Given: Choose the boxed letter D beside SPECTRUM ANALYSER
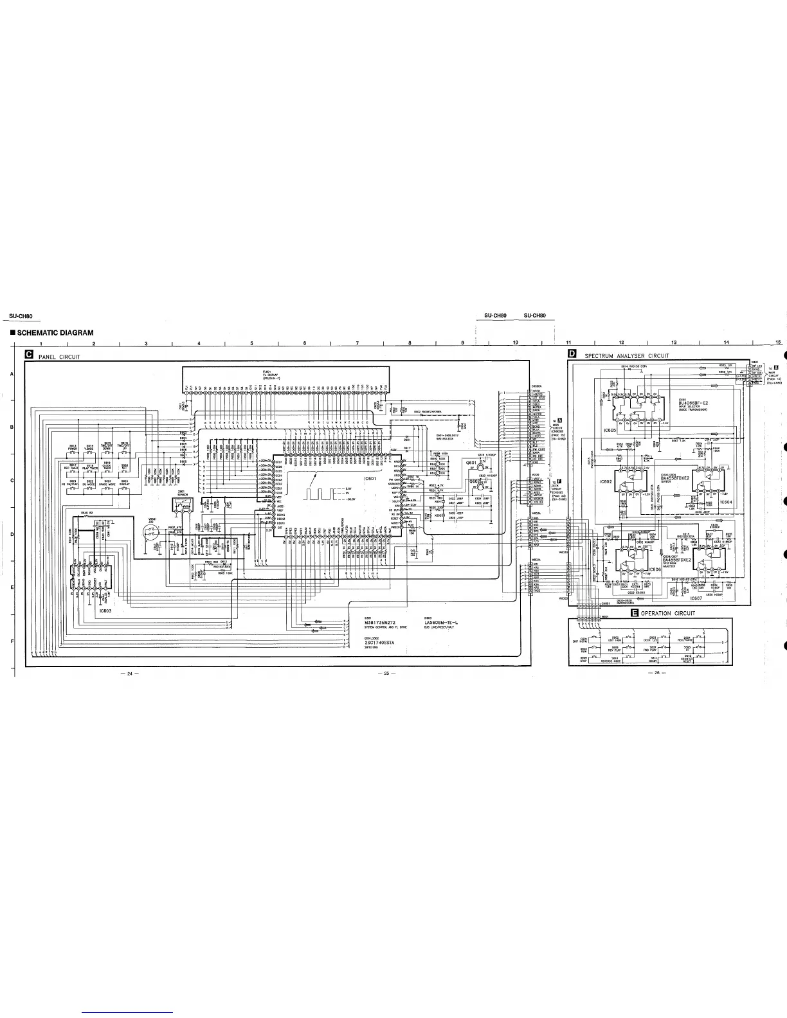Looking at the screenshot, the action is pos(572,355).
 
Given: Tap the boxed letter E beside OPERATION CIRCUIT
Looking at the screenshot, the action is pos(635,613).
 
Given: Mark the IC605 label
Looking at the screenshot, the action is pos(610,429).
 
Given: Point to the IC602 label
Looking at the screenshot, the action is pos(605,481).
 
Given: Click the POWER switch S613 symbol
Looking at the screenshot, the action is pos(73,454).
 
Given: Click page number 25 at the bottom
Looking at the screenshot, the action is pos(387,673).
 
